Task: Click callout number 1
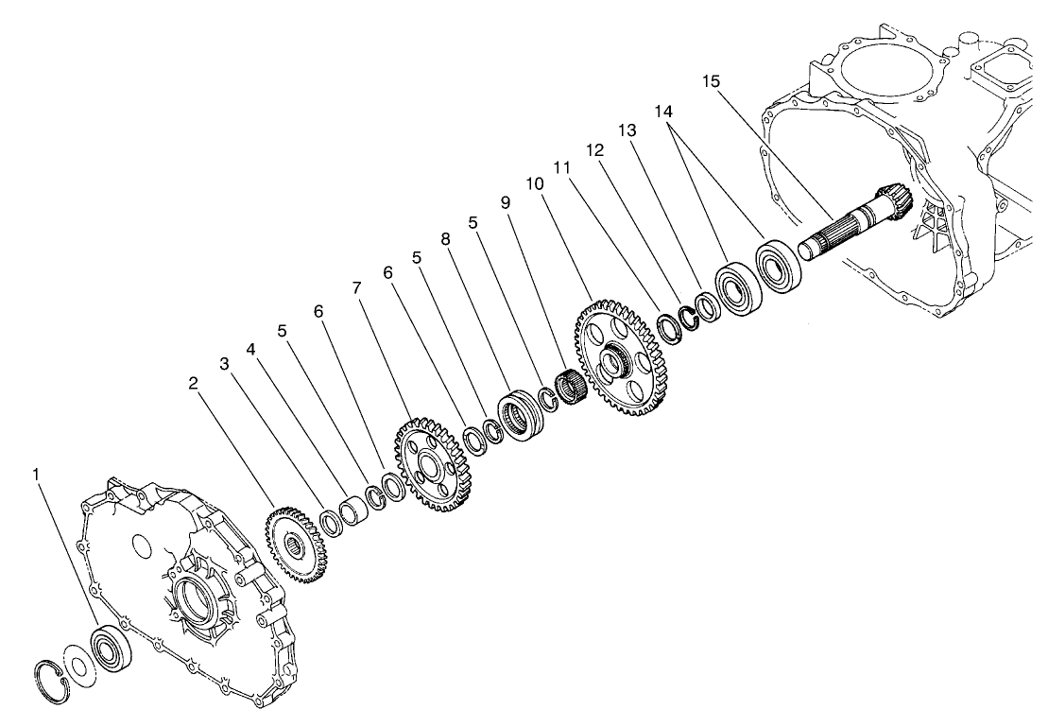pyautogui.click(x=38, y=473)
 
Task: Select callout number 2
pyautogui.click(x=193, y=382)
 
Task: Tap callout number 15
pyautogui.click(x=712, y=81)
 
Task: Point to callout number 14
pyautogui.click(x=663, y=112)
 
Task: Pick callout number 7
pyautogui.click(x=356, y=286)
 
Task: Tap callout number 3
pyautogui.click(x=225, y=364)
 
